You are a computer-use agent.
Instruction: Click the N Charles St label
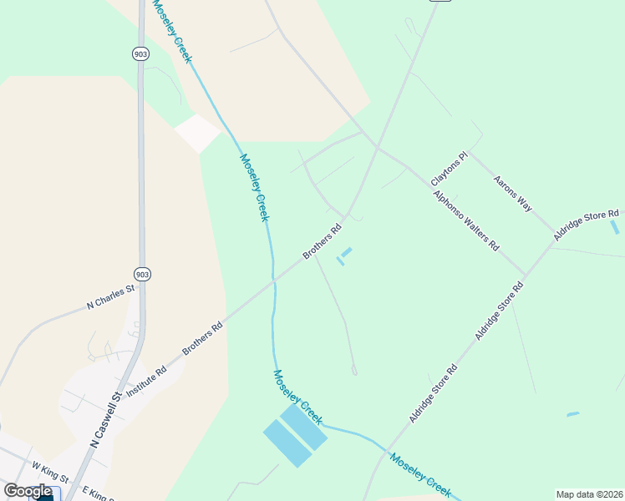click(111, 297)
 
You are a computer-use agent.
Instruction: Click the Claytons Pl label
click(450, 170)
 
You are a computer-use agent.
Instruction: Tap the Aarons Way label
click(512, 192)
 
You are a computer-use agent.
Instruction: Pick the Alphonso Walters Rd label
click(465, 221)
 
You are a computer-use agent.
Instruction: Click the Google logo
click(28, 491)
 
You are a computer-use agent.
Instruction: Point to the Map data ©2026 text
click(589, 494)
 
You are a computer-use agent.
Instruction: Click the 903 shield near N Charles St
click(142, 274)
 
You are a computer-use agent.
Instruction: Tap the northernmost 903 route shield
click(141, 53)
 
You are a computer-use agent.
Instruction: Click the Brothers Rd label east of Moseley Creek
click(323, 240)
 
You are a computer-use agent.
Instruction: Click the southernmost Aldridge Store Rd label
click(433, 392)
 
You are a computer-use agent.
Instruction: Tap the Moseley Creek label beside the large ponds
click(297, 397)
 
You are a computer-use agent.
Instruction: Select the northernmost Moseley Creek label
click(172, 30)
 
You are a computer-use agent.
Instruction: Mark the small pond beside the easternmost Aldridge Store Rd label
click(615, 227)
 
